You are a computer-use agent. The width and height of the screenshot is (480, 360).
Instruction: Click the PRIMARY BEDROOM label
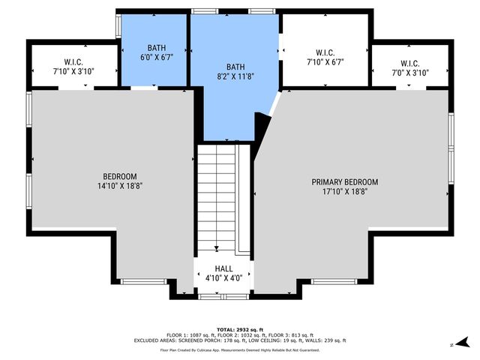click(x=344, y=182)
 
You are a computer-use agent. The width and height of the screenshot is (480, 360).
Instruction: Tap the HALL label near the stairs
click(x=223, y=268)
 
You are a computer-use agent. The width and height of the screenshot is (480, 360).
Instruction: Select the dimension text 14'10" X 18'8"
click(x=119, y=185)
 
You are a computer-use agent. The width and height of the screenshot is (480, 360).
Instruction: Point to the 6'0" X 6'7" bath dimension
click(x=156, y=56)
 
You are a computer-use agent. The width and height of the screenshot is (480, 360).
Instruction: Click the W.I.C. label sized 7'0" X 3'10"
click(x=410, y=63)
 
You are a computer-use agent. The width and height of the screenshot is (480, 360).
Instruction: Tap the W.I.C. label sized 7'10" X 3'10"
click(x=73, y=61)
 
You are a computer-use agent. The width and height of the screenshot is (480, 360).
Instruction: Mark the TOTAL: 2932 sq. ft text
click(x=239, y=329)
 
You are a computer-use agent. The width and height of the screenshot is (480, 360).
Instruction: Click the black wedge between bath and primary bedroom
click(x=262, y=125)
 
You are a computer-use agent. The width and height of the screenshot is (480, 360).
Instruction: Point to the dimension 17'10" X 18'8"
click(x=344, y=191)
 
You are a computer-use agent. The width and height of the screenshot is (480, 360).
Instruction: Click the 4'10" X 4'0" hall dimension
click(x=223, y=278)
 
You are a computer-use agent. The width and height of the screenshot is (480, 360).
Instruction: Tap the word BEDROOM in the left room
click(x=119, y=176)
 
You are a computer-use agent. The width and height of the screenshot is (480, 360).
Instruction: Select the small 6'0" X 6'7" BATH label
click(x=156, y=46)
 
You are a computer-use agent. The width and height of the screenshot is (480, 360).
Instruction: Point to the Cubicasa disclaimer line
click(x=239, y=349)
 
